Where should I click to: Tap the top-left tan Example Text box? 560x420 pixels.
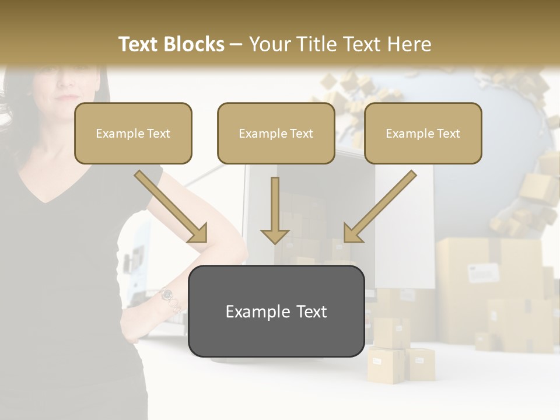[133, 133]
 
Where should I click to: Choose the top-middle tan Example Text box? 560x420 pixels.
[276, 133]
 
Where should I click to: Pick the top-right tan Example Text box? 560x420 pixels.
[423, 133]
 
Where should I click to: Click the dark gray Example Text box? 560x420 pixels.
[276, 311]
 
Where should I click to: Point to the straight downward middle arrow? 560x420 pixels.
[275, 210]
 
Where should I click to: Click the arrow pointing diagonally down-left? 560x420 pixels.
[380, 207]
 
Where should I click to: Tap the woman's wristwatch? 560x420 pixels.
[167, 295]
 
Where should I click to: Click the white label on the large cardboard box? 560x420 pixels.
[484, 272]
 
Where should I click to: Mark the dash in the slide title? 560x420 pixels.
[236, 44]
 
